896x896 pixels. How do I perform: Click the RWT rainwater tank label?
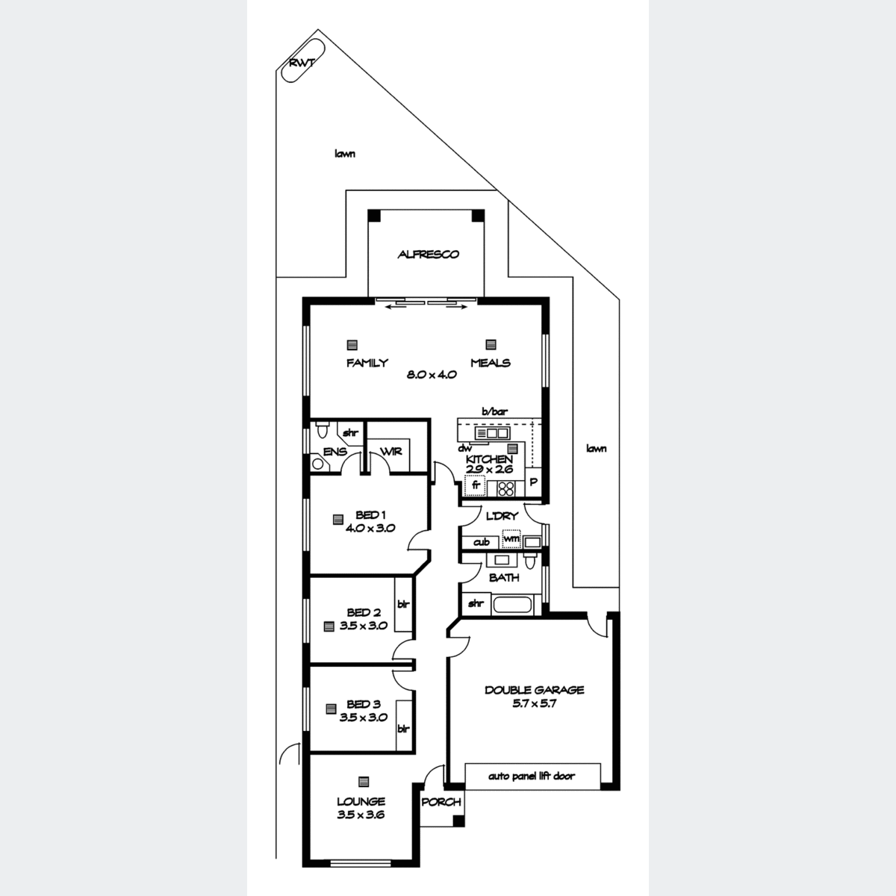(x=302, y=63)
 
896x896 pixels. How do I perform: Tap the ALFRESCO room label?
(x=429, y=255)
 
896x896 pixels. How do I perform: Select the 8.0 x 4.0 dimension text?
(x=432, y=374)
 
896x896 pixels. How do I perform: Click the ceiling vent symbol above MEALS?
(x=491, y=344)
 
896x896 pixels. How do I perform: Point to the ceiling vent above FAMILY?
(x=352, y=345)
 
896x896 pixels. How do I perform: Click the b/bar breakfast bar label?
(x=495, y=411)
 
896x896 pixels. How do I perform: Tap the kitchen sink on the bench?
(x=492, y=433)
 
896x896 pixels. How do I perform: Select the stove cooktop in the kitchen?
(x=506, y=488)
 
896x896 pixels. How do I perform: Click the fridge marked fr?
(x=475, y=486)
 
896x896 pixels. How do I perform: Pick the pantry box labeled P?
(x=533, y=482)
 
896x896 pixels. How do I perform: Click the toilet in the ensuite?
(x=321, y=430)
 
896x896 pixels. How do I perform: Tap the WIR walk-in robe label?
(x=391, y=452)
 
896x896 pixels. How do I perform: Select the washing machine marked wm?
(x=511, y=539)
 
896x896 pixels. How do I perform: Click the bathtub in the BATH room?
(x=511, y=605)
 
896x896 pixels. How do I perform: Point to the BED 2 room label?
(x=364, y=612)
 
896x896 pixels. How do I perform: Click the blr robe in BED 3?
(x=404, y=728)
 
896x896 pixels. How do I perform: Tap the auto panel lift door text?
(x=532, y=776)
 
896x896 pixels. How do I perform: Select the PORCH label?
(x=441, y=802)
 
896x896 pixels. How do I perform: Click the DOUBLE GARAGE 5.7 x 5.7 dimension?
(x=535, y=703)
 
